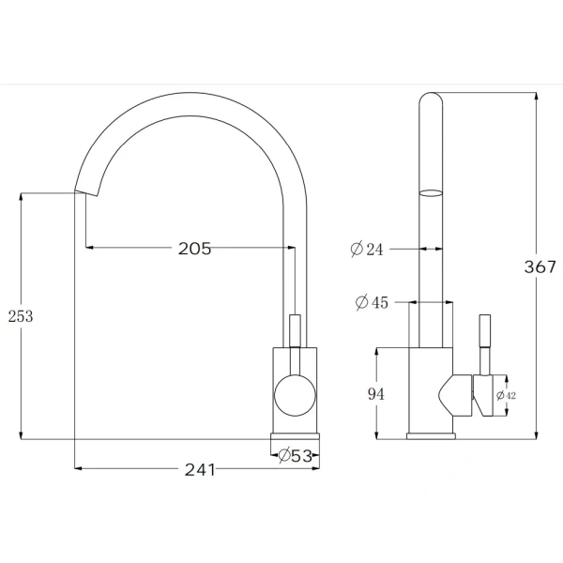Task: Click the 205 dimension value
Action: [x=194, y=249]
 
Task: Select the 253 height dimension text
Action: [x=20, y=316]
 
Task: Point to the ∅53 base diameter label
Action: [x=295, y=456]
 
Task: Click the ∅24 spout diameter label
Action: [x=367, y=250]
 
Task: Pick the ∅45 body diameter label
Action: [x=373, y=302]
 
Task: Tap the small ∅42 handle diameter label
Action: [x=506, y=396]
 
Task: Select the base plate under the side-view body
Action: [x=432, y=436]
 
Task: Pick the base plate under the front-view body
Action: [x=296, y=436]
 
